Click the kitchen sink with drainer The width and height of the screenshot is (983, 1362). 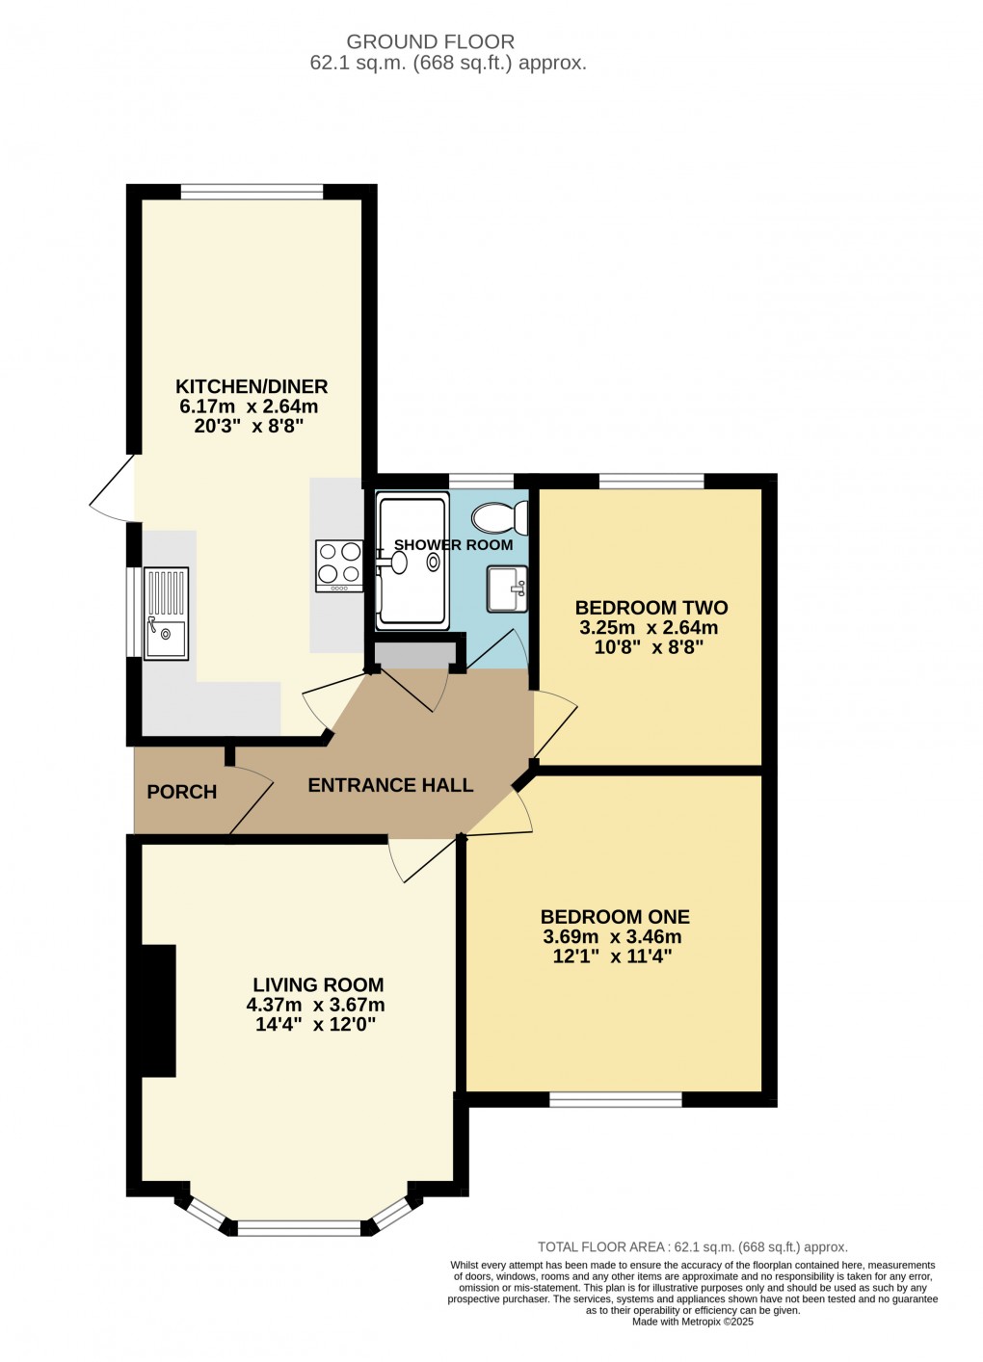tap(167, 614)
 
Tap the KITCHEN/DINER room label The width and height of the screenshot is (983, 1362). tap(252, 386)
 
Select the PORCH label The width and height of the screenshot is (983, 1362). tap(182, 792)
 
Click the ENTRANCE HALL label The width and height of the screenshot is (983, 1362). tap(390, 785)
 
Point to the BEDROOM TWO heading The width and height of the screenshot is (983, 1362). tap(651, 608)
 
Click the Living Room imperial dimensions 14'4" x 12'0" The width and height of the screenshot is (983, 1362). tap(315, 1025)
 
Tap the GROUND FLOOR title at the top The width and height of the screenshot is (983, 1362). tap(430, 41)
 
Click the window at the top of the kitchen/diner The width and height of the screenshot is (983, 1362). tap(252, 192)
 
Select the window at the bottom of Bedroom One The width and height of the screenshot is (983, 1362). tap(616, 1099)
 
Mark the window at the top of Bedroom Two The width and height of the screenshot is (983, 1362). tap(651, 481)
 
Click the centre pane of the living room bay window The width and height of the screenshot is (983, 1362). tap(299, 1227)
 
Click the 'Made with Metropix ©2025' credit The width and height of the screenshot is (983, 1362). tap(692, 1322)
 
